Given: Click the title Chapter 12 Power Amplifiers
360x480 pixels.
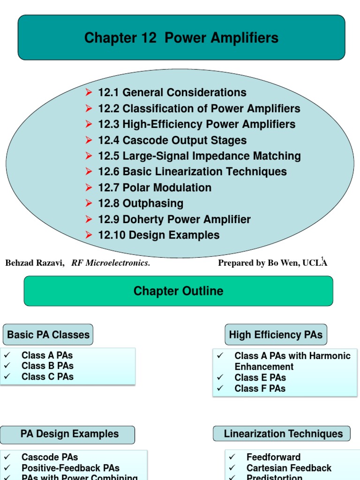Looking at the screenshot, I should click(x=181, y=38).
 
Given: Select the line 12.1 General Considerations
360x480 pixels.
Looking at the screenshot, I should click(x=172, y=93).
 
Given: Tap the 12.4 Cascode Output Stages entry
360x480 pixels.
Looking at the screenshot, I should click(x=172, y=140).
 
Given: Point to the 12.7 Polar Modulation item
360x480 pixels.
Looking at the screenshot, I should click(x=155, y=187).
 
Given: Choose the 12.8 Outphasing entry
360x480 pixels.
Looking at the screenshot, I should click(x=141, y=203).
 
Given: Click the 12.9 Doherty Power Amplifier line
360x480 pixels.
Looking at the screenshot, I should click(x=174, y=219).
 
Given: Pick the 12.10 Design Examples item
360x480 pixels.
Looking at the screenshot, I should click(x=158, y=235).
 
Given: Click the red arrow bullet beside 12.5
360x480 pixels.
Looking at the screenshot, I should click(x=89, y=156).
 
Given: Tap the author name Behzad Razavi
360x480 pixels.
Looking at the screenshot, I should click(x=34, y=263).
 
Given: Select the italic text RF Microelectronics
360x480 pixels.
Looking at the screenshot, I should click(x=111, y=263).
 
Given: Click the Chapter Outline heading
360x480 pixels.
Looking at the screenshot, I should click(x=178, y=291).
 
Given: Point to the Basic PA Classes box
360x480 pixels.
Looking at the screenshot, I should click(x=48, y=335).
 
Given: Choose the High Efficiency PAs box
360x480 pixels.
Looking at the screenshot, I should click(x=276, y=335).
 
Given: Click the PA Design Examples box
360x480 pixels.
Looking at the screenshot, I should click(x=69, y=434).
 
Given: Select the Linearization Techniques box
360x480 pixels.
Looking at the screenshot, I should click(x=283, y=434).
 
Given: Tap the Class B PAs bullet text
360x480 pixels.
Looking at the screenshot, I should click(x=47, y=366).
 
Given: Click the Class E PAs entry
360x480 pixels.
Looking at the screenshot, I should click(x=260, y=377).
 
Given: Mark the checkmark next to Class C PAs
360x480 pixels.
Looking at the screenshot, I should click(x=7, y=376).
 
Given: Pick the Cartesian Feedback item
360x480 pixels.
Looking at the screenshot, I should click(x=289, y=468).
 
